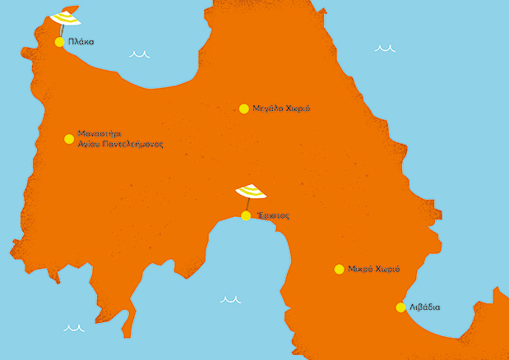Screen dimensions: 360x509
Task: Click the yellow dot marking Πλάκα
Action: (59, 42)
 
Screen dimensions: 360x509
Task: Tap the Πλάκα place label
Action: (81, 42)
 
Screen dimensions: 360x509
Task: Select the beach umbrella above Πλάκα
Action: (65, 17)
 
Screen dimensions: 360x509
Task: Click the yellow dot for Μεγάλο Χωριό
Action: (244, 108)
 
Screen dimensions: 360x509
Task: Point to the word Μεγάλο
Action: (268, 108)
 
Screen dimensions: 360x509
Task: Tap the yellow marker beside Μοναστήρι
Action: (69, 139)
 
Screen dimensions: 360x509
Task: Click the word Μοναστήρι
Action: (99, 133)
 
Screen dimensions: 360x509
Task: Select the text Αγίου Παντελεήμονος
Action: (120, 144)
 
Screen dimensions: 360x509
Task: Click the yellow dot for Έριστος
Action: (246, 216)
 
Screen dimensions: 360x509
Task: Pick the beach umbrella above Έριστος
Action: (251, 192)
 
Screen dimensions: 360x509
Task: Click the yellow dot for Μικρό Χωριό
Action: (339, 270)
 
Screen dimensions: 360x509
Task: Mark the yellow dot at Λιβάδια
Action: (400, 307)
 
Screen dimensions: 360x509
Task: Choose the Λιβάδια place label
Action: (424, 307)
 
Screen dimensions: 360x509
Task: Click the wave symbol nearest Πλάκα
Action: (139, 55)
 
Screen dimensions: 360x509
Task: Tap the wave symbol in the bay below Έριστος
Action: (231, 300)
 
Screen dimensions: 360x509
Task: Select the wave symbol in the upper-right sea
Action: (385, 48)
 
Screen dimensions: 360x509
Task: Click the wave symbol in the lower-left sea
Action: (74, 327)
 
